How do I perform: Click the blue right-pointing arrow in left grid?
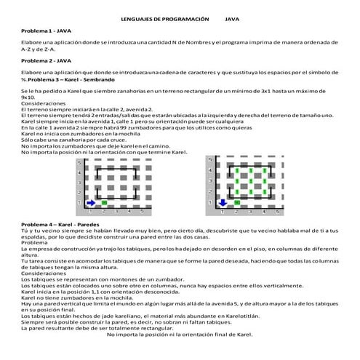pos(92,201)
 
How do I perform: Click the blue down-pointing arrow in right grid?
pos(222,201)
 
